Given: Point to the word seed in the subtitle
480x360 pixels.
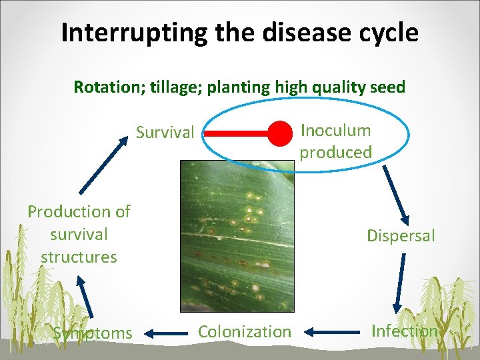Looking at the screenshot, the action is tap(386, 87).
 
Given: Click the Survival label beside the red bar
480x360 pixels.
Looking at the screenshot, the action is tap(165, 133).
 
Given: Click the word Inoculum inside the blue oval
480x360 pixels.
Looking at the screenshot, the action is tap(335, 130).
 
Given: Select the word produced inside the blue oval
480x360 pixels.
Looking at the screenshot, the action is tap(335, 153).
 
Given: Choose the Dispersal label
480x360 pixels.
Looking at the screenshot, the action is tap(401, 235).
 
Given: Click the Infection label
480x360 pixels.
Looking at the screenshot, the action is tap(404, 331).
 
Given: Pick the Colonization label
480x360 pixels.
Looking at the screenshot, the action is tap(245, 331).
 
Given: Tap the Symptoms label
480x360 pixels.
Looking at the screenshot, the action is tap(93, 332).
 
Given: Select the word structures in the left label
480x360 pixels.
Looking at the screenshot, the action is tap(79, 257).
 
